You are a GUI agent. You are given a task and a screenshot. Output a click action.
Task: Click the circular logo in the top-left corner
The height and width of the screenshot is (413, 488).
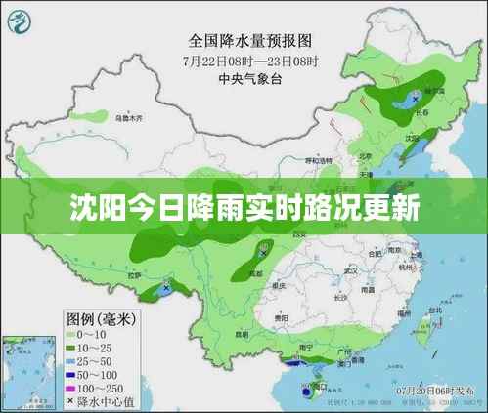click(23, 21)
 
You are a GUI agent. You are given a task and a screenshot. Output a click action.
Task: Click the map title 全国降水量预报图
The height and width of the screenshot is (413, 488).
click(249, 41)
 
